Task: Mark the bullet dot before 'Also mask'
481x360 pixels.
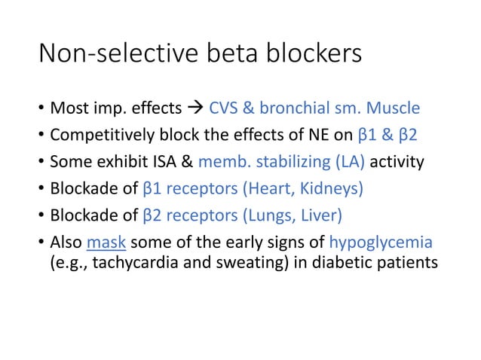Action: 39,243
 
